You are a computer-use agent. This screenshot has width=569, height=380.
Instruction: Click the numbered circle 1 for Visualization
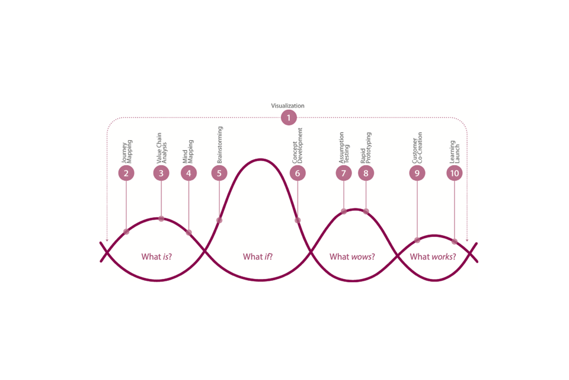289,118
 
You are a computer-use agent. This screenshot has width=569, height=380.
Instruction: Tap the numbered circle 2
126,173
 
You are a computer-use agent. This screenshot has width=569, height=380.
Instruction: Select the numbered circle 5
219,173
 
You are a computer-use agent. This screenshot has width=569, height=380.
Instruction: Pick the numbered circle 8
366,173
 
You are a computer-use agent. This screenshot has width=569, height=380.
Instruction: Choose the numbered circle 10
455,173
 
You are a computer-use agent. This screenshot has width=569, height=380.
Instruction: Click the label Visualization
288,106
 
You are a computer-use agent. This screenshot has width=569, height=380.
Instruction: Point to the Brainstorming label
219,145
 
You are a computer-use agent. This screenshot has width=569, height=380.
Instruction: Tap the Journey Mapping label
127,151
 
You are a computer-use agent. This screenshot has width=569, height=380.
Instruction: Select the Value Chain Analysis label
161,148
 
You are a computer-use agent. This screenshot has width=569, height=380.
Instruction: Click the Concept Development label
297,145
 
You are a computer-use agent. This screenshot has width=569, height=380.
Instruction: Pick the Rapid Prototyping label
366,148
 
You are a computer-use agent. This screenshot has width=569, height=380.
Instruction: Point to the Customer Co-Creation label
417,148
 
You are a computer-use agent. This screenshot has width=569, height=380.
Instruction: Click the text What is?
156,256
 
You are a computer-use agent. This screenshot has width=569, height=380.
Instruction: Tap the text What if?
258,256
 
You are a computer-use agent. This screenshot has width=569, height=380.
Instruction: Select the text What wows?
352,256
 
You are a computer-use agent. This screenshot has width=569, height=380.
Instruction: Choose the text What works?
433,256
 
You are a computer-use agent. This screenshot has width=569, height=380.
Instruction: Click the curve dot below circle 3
161,218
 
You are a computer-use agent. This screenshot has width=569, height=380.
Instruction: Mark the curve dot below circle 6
298,220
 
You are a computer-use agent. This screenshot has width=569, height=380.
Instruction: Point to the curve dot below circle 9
417,240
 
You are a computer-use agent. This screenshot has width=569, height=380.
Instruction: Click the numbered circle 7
344,173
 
